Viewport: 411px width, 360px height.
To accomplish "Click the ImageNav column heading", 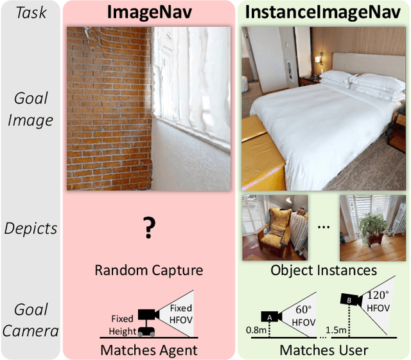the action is (x=149, y=12).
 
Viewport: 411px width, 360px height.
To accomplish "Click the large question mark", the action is (x=149, y=227).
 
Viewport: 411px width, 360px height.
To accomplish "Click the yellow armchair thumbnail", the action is (x=272, y=227).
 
